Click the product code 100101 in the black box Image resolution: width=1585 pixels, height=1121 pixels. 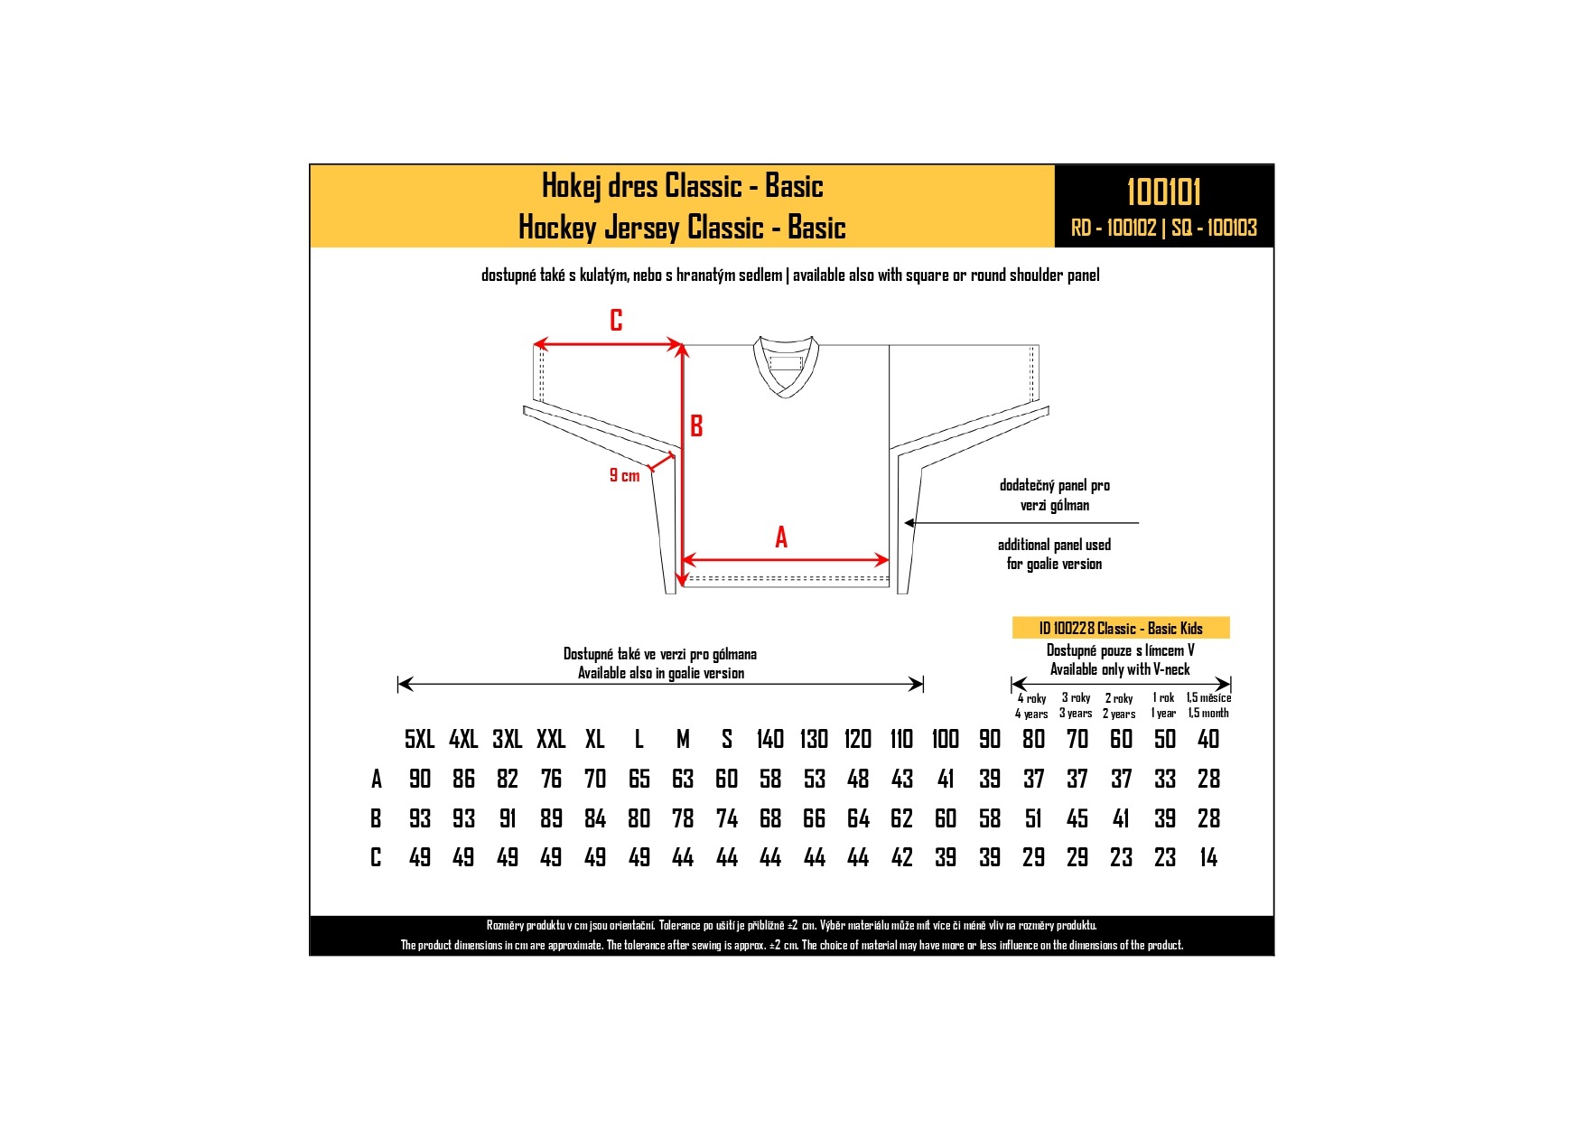tap(1163, 192)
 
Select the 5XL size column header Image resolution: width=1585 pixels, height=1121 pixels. tap(420, 739)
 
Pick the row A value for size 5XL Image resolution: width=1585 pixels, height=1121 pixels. tap(420, 779)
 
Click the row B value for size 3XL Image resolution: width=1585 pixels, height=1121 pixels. tap(508, 818)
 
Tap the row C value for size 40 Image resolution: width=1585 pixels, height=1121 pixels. tap(1208, 857)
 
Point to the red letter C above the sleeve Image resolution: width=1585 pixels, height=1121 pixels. tap(616, 321)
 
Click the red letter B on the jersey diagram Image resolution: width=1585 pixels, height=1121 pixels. tap(696, 425)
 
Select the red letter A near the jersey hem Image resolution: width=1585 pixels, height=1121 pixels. tap(781, 537)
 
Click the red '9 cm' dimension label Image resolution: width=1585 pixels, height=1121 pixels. tap(624, 475)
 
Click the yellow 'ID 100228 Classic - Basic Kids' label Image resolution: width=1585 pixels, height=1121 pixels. tap(1121, 628)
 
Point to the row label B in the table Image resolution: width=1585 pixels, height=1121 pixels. tap(376, 818)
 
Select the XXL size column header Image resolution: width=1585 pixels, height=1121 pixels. tap(551, 739)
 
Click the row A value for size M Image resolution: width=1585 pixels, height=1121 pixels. tap(683, 779)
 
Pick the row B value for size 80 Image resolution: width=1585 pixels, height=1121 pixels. tap(1033, 818)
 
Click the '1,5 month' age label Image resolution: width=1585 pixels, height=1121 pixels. tap(1208, 713)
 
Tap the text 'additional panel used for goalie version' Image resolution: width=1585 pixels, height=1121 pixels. tap(1054, 554)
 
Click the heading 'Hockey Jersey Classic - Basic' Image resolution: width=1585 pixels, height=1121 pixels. tap(682, 227)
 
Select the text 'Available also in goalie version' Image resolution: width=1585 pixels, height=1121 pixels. tap(661, 673)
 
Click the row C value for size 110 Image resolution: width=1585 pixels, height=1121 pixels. tap(902, 857)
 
